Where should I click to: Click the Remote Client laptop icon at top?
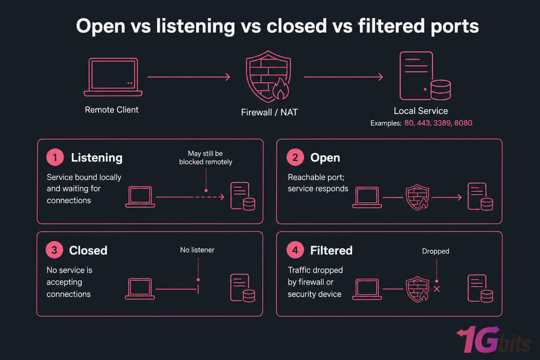pos(113,77)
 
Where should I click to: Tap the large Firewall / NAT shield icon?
pos(268,76)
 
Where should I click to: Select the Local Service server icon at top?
pos(425,76)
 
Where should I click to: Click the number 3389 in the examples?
pos(442,123)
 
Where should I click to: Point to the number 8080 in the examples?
pos(463,123)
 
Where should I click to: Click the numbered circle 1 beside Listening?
pos(55,157)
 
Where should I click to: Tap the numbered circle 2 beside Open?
pos(295,157)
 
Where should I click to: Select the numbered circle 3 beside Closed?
pos(55,250)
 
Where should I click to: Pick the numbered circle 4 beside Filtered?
pos(295,250)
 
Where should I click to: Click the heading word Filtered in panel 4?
pos(331,250)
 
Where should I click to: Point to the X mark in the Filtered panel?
pos(437,289)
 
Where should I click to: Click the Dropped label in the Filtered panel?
pos(436,251)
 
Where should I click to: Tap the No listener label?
pos(197,250)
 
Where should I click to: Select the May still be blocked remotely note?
pos(206,158)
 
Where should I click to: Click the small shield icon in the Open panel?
pos(418,197)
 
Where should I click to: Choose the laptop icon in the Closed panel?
pos(140,289)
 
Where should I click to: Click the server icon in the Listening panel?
pos(243,196)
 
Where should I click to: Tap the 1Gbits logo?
pos(493,340)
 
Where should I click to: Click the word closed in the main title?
pos(296,26)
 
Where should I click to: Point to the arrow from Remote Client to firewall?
pos(189,77)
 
